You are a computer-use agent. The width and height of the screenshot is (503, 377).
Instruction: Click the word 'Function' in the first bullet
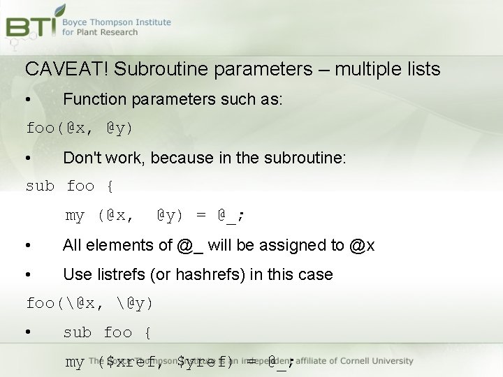click(x=92, y=99)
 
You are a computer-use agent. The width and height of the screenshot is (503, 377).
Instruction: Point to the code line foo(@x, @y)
click(x=79, y=128)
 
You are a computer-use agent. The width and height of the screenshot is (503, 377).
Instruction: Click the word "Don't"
click(x=83, y=158)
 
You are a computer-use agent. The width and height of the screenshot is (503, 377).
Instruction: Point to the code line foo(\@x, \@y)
click(x=89, y=304)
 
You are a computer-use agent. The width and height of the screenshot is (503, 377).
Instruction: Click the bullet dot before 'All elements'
click(x=27, y=246)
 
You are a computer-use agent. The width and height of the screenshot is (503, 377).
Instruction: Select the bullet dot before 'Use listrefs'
click(x=27, y=275)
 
